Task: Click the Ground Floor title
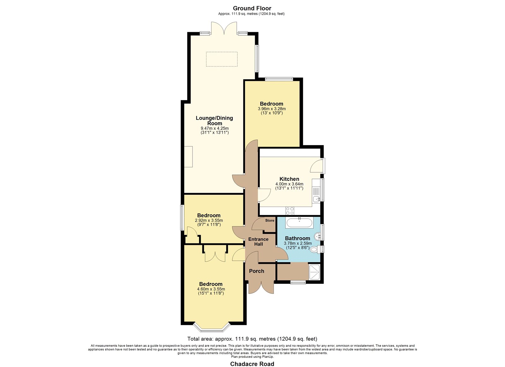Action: [252, 8]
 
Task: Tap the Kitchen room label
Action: [289, 179]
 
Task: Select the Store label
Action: [270, 221]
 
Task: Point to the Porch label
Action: [257, 271]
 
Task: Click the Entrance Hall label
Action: [258, 241]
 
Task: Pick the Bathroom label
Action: [298, 238]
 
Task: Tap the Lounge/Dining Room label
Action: [214, 121]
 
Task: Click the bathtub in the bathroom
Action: [300, 223]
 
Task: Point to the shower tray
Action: [314, 272]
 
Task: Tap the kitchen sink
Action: [316, 199]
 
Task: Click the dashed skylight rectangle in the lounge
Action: [222, 59]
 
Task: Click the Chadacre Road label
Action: [252, 364]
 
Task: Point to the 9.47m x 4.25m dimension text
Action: [215, 128]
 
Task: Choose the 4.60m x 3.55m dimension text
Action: [211, 289]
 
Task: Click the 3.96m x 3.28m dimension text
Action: [272, 109]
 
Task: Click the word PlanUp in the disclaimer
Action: [268, 357]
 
